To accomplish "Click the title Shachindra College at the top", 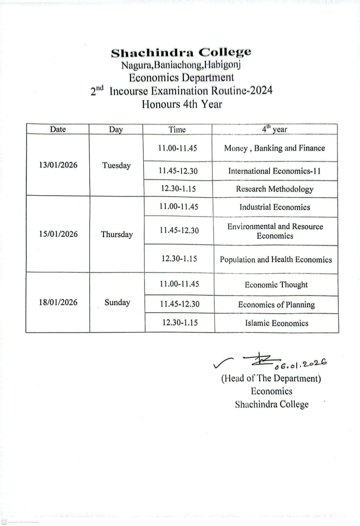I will (x=181, y=53).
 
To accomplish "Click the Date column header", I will (x=58, y=129).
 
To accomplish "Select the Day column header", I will (x=116, y=130).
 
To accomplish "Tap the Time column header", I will (x=177, y=130).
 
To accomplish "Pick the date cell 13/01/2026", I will (x=58, y=165).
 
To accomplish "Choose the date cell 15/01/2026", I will (x=58, y=234).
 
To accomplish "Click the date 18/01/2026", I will (x=58, y=302).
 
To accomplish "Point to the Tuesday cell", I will (x=116, y=165).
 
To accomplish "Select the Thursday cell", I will (x=117, y=234).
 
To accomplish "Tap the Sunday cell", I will (x=117, y=302).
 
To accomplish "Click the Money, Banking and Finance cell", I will (x=275, y=148).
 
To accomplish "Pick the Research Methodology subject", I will (x=275, y=189).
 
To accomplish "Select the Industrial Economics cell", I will (x=275, y=207).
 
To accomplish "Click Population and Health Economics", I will (x=276, y=260).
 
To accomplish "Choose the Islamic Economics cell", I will (x=277, y=323).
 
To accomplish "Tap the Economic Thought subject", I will (x=276, y=285).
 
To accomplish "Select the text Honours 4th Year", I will (x=182, y=104).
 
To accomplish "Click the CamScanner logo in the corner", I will (x=4, y=521).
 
